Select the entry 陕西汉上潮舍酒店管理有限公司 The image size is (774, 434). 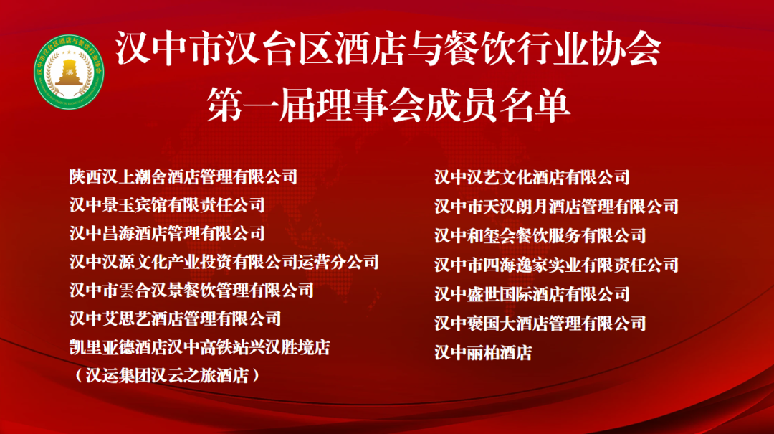pyautogui.click(x=183, y=176)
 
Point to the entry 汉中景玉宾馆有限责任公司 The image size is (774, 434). pyautogui.click(x=167, y=204)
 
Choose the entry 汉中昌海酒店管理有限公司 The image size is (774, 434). pyautogui.click(x=167, y=233)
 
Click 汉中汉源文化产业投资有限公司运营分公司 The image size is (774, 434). pyautogui.click(x=224, y=262)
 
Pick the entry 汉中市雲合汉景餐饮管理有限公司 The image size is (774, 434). pyautogui.click(x=191, y=290)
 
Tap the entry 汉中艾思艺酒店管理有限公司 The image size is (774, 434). pyautogui.click(x=175, y=319)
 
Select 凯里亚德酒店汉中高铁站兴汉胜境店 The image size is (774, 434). pyautogui.click(x=199, y=347)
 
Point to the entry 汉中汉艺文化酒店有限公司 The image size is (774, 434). pyautogui.click(x=532, y=176)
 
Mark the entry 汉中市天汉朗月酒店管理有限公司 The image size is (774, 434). pyautogui.click(x=556, y=207)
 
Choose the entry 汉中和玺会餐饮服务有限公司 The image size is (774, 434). pyautogui.click(x=540, y=235)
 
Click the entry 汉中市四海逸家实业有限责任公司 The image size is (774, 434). pyautogui.click(x=556, y=265)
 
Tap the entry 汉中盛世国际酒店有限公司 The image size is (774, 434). pyautogui.click(x=532, y=293)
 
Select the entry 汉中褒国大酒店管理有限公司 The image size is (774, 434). pyautogui.click(x=540, y=323)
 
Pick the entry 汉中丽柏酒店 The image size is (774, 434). pyautogui.click(x=483, y=352)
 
